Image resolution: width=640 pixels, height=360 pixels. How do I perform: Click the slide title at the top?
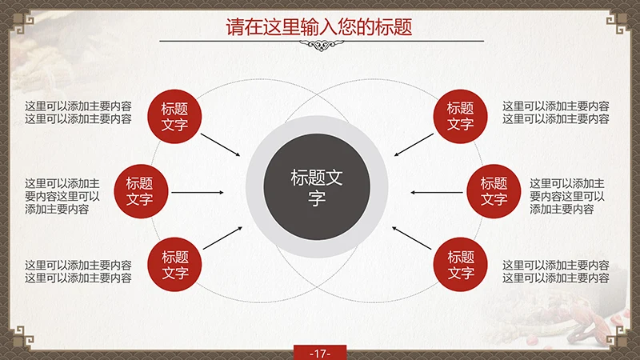(x=319, y=26)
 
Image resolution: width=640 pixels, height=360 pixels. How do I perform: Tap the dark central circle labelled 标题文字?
(x=317, y=188)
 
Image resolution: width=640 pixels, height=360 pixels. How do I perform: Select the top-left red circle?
(x=174, y=116)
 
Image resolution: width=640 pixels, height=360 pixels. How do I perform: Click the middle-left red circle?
(x=139, y=191)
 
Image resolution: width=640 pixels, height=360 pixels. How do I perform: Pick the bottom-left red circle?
(x=174, y=266)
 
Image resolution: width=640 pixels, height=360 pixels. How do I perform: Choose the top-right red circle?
(x=460, y=116)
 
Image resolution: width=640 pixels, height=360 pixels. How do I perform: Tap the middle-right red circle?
(x=494, y=191)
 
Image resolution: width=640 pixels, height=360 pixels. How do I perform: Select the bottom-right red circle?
(x=460, y=266)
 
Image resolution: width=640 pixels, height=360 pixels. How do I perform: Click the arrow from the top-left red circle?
(x=220, y=144)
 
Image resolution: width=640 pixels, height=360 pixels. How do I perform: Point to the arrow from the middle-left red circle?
(x=198, y=193)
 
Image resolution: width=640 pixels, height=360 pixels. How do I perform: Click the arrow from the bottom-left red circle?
(x=222, y=238)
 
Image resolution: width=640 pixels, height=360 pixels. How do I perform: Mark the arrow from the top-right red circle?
(x=414, y=144)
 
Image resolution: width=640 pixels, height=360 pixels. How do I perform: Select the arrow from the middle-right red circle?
(x=436, y=193)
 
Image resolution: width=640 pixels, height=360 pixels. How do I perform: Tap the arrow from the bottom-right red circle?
(x=413, y=238)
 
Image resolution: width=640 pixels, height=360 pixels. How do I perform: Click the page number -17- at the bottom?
(x=319, y=353)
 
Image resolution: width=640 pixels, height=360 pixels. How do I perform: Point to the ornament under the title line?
(x=319, y=46)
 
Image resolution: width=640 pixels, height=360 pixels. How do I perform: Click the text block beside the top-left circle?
(x=78, y=112)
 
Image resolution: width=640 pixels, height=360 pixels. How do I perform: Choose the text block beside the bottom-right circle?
(x=555, y=271)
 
